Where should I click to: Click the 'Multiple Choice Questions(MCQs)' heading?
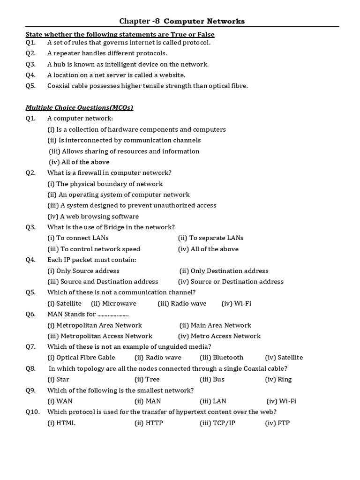[x=79, y=108]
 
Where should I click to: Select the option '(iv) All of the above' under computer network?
[x=79, y=162]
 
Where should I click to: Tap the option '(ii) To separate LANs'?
[x=210, y=238]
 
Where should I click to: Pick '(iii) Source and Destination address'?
[x=103, y=282]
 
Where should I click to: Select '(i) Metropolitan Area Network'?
[x=95, y=325]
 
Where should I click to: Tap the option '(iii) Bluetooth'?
[x=221, y=358]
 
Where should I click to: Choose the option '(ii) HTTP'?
[x=148, y=423]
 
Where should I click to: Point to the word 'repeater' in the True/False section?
[x=67, y=53]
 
